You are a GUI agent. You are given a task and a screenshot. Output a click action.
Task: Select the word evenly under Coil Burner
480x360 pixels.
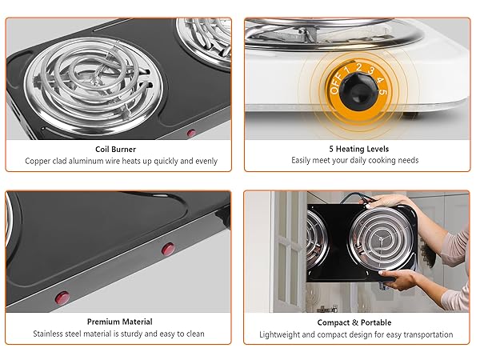pos(203,161)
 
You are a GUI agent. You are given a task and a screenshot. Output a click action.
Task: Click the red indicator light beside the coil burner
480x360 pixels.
pos(191,134)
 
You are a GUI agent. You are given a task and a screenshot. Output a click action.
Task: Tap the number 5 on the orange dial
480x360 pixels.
pos(384,92)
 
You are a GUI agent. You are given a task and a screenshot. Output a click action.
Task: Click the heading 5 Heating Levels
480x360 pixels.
pos(358,149)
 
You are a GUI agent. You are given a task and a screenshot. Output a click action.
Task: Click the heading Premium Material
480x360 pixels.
pos(120,322)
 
